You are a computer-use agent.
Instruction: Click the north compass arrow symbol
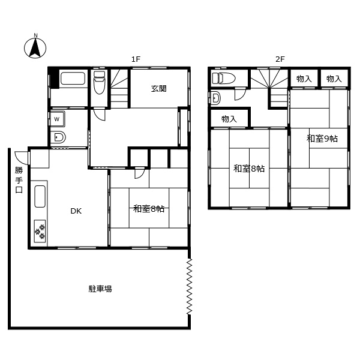[x=35, y=47]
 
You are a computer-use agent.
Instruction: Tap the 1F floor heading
[x=136, y=59]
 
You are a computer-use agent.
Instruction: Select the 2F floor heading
[x=280, y=59]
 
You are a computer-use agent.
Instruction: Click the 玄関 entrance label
[x=158, y=89]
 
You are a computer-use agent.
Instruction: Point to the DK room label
[x=76, y=211]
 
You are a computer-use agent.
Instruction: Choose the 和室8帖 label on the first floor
[x=149, y=209]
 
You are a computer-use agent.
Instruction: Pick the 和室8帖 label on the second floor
[x=249, y=169]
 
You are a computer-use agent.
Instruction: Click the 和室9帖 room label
[x=322, y=139]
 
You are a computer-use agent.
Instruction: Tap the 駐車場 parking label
[x=100, y=289]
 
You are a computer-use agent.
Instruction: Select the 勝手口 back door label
[x=19, y=179]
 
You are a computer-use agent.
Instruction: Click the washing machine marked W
[x=58, y=119]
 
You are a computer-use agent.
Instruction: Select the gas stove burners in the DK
[x=41, y=230]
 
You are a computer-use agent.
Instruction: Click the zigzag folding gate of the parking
[x=190, y=287]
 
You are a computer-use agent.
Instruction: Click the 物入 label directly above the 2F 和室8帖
[x=229, y=119]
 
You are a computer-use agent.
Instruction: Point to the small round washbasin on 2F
[x=216, y=98]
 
